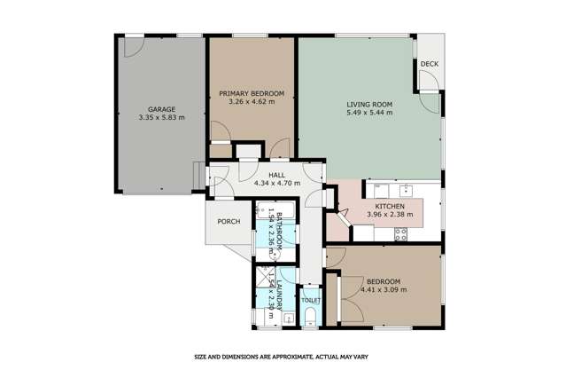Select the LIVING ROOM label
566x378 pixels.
click(368, 106)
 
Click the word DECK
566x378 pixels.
click(430, 64)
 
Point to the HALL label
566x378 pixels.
click(276, 176)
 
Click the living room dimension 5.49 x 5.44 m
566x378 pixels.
click(368, 114)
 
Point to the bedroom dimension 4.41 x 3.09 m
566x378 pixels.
click(384, 289)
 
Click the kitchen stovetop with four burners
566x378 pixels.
click(399, 234)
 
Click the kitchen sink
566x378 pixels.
click(407, 189)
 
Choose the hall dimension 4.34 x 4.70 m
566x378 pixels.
click(276, 184)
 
